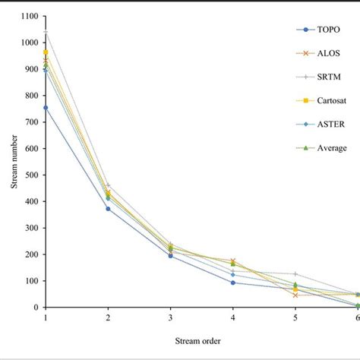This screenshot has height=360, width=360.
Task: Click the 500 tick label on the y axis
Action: coord(31,175)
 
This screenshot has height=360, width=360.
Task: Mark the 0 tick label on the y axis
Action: coord(36,308)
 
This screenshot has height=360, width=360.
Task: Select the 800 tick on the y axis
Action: coord(31,96)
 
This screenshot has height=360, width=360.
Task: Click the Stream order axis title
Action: coord(201,340)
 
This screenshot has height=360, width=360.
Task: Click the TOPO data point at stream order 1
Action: coord(46,108)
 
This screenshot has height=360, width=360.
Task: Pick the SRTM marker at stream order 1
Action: coord(46,32)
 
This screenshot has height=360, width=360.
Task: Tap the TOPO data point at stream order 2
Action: coord(108,209)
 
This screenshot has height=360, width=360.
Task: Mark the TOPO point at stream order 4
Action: coord(232,283)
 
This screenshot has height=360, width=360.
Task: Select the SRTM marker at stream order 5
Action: coord(295,273)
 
